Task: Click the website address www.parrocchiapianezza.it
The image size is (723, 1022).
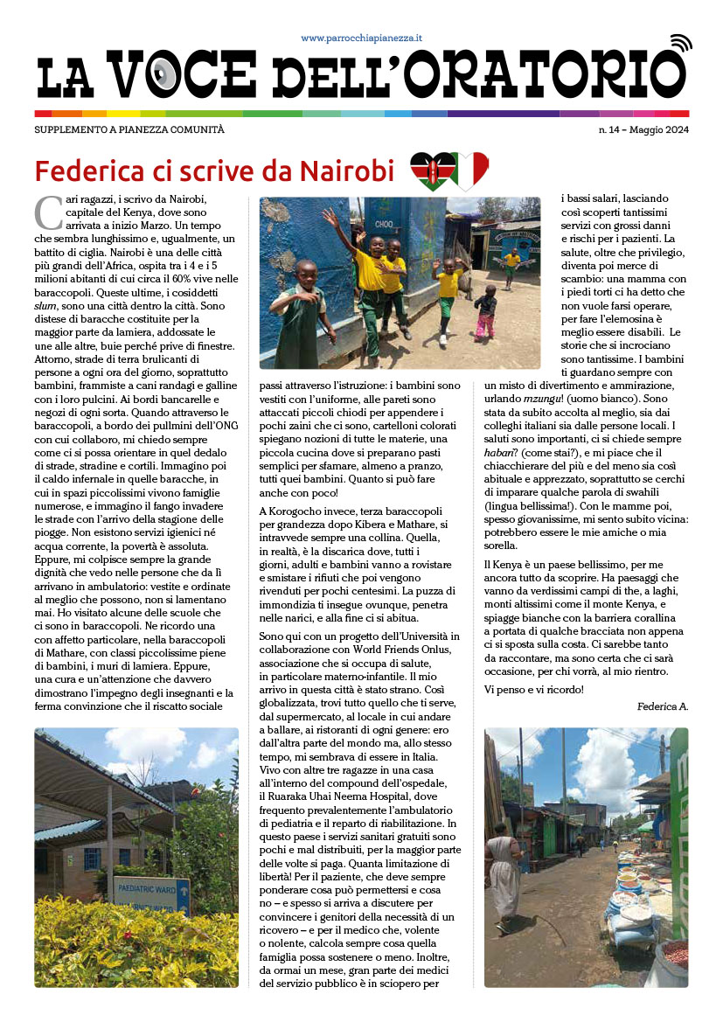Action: [362, 38]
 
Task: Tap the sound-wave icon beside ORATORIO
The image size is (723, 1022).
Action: [679, 44]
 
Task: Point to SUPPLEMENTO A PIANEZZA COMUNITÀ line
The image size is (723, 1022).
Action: [129, 130]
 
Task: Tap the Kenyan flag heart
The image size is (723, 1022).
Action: [432, 170]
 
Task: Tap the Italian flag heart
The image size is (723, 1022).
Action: [469, 170]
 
